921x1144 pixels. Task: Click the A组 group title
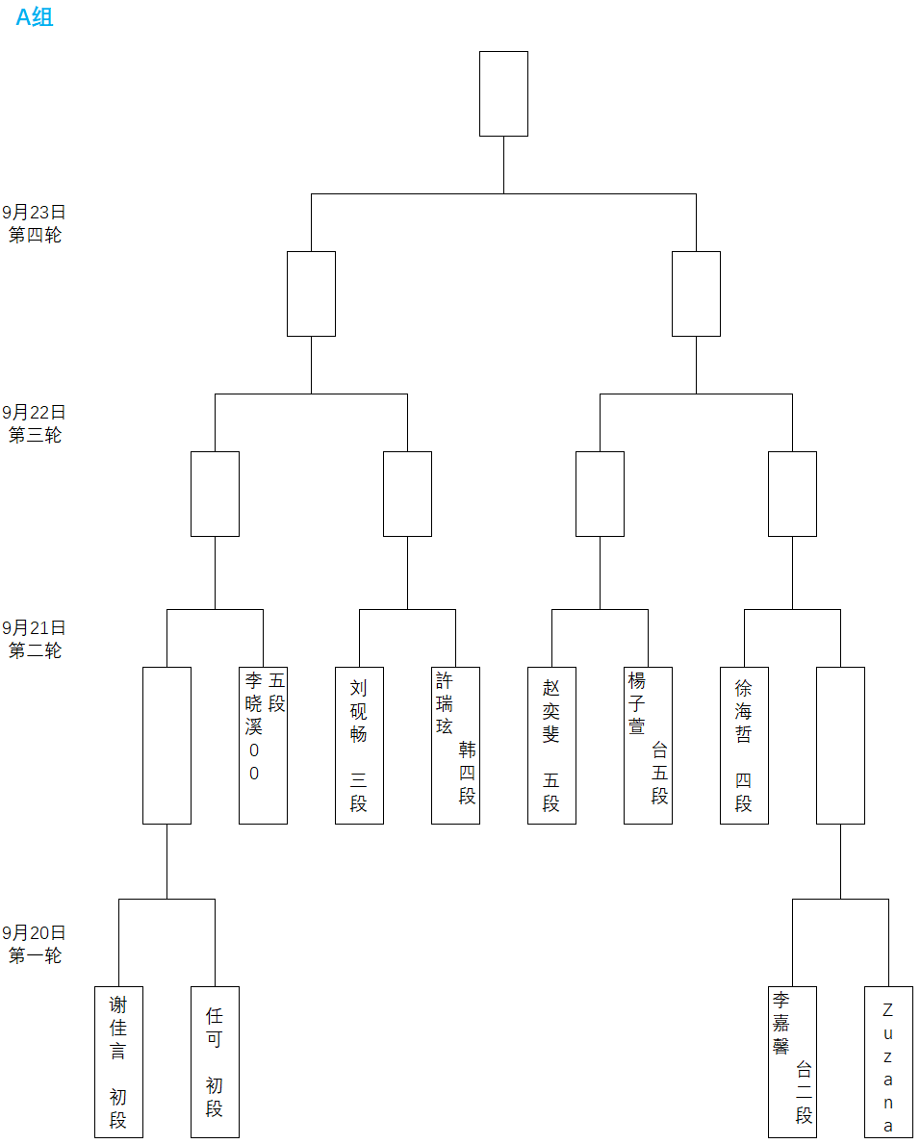[x=35, y=16]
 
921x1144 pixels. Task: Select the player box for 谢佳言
[x=118, y=1061]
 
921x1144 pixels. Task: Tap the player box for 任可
[x=215, y=1061]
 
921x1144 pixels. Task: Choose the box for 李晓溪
[x=263, y=745]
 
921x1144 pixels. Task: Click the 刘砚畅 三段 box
[x=359, y=745]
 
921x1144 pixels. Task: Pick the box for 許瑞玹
[x=455, y=745]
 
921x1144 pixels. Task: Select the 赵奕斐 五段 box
[x=551, y=745]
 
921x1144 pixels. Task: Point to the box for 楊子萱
[x=648, y=745]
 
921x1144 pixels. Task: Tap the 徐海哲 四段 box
[x=744, y=745]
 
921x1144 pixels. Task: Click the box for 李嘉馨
[x=792, y=1061]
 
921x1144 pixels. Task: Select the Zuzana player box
[x=888, y=1061]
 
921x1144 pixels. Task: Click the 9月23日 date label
[x=35, y=213]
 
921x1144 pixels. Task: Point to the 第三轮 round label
[x=35, y=435]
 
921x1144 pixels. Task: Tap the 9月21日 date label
[x=35, y=628]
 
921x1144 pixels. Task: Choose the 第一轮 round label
[x=35, y=955]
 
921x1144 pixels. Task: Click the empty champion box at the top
[x=503, y=93]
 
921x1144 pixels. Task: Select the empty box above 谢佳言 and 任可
[x=166, y=745]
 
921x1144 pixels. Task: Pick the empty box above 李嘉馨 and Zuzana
[x=840, y=745]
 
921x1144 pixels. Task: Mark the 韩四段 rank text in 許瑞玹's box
[x=467, y=773]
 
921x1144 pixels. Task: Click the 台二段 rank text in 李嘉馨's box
[x=804, y=1092]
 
